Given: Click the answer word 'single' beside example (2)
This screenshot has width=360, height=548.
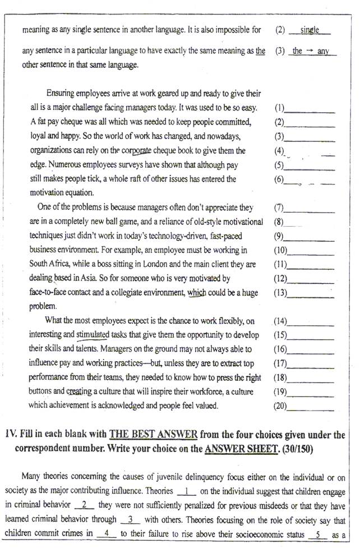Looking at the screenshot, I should coord(310,30).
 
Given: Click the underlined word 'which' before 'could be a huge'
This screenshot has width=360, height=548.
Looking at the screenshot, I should coord(197,292).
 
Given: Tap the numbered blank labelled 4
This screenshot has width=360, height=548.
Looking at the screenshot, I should coord(107,535).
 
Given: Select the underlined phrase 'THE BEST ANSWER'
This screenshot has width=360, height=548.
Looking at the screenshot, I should coord(153,435).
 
